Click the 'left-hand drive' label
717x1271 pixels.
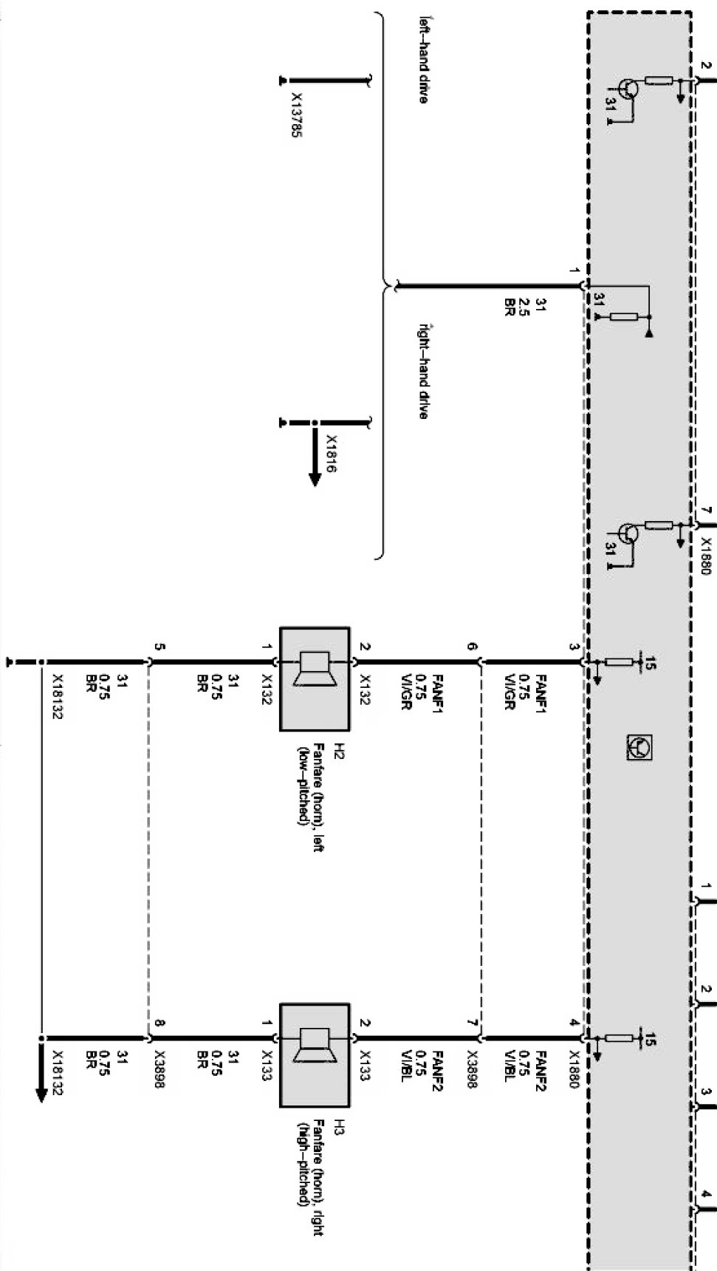(x=423, y=59)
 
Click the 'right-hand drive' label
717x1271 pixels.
(x=423, y=371)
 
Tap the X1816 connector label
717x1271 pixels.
(x=332, y=453)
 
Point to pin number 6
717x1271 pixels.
(x=473, y=647)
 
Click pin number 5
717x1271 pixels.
(x=159, y=647)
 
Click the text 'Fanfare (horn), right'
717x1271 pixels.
(x=318, y=1175)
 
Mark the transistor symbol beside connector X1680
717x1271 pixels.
(x=628, y=534)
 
